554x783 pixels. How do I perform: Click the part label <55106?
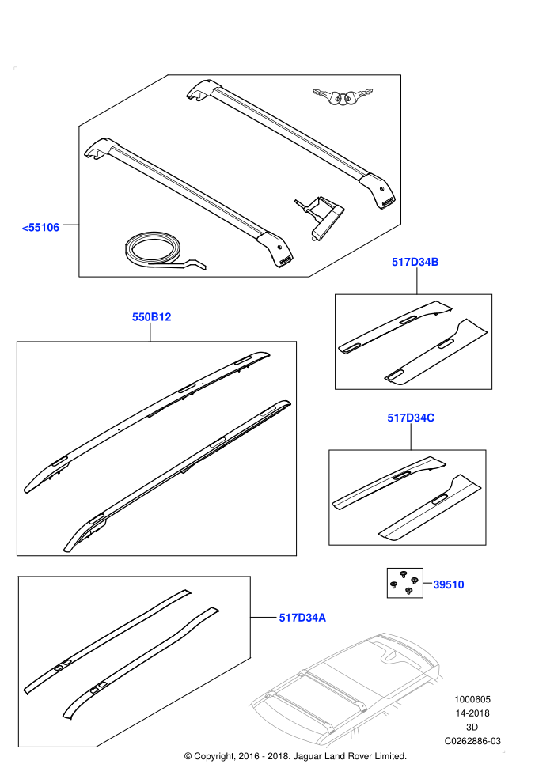40,228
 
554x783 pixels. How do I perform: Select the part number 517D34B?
415,262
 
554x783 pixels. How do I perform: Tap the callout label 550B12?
151,317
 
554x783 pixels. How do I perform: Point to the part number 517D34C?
411,418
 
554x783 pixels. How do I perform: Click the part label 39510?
449,584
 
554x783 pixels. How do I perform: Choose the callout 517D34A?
302,618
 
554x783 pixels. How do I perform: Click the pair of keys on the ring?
343,96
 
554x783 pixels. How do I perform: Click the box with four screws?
405,583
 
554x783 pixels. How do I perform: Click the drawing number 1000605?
472,700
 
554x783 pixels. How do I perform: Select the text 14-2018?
472,713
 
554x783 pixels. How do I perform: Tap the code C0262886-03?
472,741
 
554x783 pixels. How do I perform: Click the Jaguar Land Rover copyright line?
295,756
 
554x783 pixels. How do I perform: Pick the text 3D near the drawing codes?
472,727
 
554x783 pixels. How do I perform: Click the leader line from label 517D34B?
416,282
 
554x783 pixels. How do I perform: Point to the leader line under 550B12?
150,333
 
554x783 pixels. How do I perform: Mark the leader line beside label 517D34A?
264,618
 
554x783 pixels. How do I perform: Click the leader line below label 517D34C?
411,437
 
